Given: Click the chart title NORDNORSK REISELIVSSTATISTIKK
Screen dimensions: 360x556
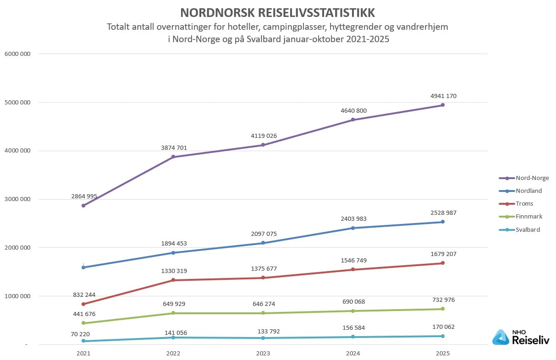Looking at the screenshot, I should coord(278,12).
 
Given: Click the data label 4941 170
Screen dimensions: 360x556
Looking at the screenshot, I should coord(443,96).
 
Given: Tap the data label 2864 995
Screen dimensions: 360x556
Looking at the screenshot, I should coord(84,196).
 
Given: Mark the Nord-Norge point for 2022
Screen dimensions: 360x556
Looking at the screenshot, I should coord(173,157).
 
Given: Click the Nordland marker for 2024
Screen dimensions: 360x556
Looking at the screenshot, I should coord(353,228).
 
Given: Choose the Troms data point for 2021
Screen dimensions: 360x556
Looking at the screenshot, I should coord(83,304).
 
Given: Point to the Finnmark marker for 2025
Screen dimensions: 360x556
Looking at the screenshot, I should coord(443,309).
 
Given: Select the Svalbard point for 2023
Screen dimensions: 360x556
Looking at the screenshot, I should coord(263,338).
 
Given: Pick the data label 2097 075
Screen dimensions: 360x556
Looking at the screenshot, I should coord(263,234).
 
